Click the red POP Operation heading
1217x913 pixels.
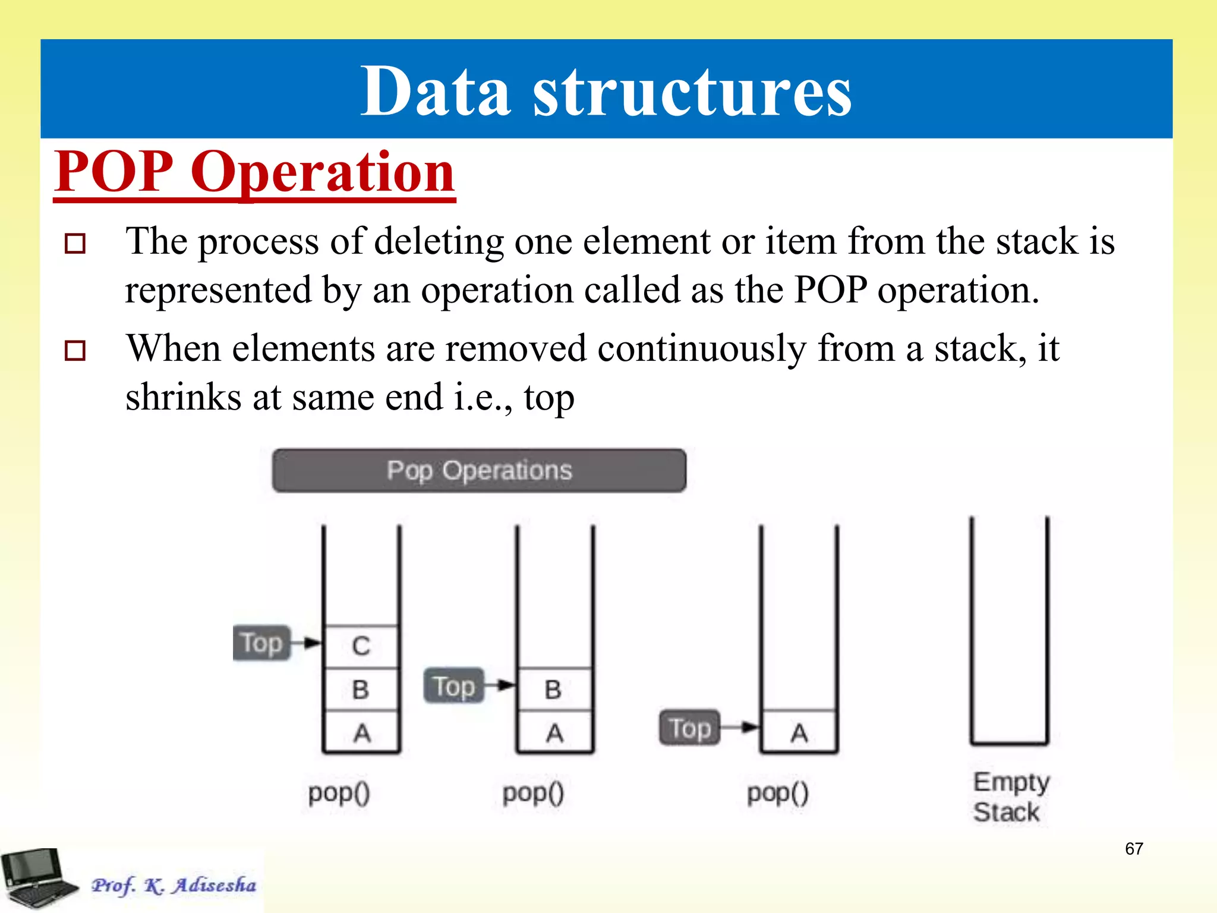point(254,172)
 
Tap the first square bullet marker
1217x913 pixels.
point(75,244)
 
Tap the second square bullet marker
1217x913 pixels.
point(75,351)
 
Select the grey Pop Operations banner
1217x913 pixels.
point(479,471)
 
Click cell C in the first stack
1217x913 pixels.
point(361,646)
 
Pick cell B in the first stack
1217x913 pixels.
point(361,690)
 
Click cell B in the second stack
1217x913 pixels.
point(554,690)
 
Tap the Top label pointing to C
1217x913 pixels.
point(261,643)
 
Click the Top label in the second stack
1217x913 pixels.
point(454,686)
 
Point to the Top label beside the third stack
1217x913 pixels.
point(689,728)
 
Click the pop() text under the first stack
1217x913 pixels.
point(339,793)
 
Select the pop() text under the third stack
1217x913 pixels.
point(777,793)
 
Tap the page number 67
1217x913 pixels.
point(1134,849)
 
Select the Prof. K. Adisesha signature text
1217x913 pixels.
point(174,885)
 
